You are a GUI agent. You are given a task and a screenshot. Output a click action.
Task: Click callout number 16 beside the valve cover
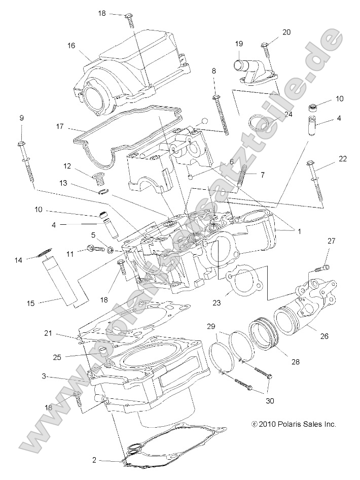(70, 46)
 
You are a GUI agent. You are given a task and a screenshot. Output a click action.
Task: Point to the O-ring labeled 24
(260, 123)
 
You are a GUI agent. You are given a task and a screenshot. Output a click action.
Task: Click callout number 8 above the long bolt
(214, 71)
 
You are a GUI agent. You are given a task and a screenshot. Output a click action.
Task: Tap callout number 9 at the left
(21, 118)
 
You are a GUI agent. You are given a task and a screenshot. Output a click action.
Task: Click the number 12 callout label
(67, 166)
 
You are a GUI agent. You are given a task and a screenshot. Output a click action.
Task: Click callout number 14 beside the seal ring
(18, 260)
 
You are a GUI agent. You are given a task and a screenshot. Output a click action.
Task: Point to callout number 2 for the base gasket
(94, 460)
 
